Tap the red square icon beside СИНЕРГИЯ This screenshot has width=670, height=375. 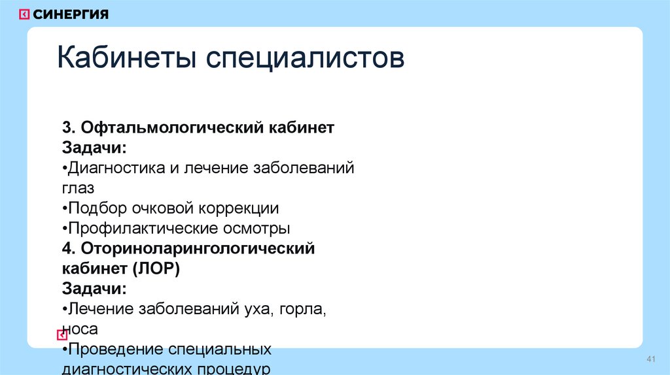[24, 14]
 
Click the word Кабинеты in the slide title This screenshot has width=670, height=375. [128, 59]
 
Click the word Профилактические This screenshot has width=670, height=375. [132, 229]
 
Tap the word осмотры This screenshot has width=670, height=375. [257, 229]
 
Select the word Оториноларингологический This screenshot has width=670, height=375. [198, 249]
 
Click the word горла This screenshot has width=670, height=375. [302, 309]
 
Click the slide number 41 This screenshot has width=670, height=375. [650, 361]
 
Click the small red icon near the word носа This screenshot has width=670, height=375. [62, 335]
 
